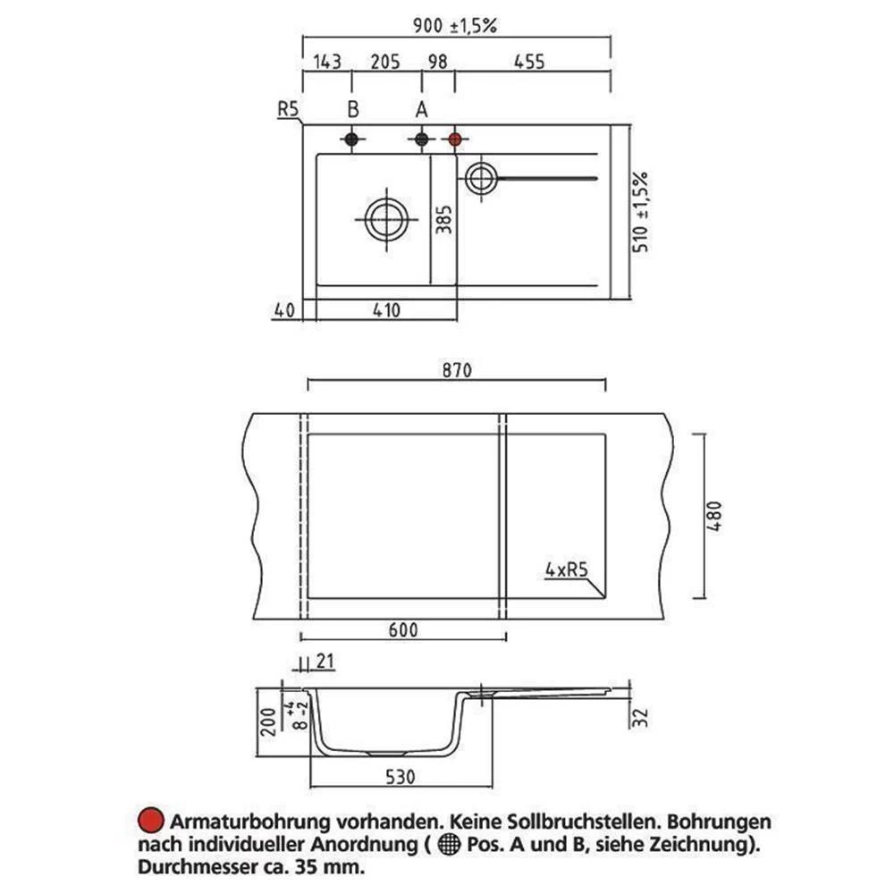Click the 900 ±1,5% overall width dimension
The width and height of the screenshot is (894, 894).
[x=455, y=26]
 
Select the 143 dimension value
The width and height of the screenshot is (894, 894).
[x=327, y=62]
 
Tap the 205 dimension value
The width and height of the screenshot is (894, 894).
[x=385, y=62]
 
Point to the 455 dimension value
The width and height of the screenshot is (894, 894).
[x=529, y=62]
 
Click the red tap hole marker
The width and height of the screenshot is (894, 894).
[x=454, y=139]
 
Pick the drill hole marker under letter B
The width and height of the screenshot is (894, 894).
[x=351, y=139]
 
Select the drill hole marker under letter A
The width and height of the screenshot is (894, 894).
[x=421, y=139]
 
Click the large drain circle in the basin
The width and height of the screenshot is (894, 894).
[x=386, y=220]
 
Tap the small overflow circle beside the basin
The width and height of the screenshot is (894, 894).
[x=482, y=179]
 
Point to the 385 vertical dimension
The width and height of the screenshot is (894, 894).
[x=443, y=220]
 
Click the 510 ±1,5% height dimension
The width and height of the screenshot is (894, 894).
[x=640, y=212]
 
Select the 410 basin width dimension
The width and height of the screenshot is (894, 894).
[x=386, y=310]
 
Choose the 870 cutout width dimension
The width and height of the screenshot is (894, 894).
[x=457, y=371]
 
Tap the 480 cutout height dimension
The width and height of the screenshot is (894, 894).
[x=714, y=516]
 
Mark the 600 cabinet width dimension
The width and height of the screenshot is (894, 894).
[x=403, y=630]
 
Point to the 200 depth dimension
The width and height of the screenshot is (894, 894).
[x=268, y=722]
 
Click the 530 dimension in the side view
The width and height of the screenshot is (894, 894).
[x=401, y=777]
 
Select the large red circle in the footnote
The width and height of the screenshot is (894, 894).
[x=151, y=821]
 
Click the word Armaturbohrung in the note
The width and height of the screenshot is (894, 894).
[x=250, y=822]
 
